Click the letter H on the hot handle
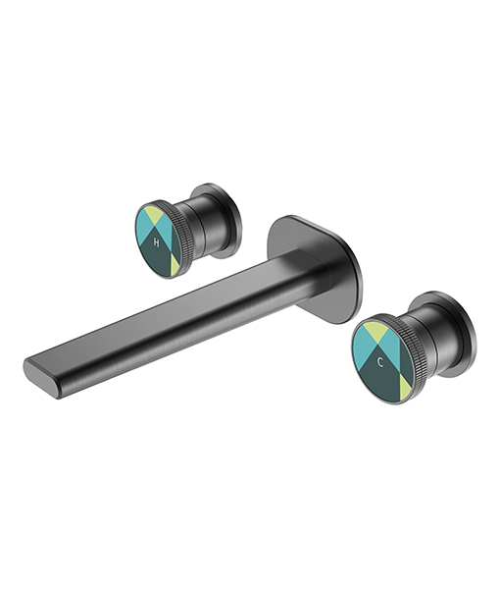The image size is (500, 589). pyautogui.click(x=157, y=242)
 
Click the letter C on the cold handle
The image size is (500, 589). pyautogui.click(x=380, y=362)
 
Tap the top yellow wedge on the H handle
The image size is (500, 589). pyautogui.click(x=153, y=212)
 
